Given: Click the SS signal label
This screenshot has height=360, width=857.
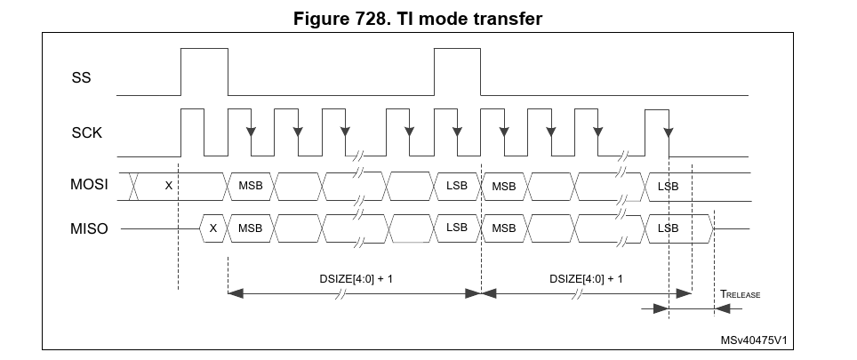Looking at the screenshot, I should point(81,78).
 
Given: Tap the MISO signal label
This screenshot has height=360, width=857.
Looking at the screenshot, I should point(89,228).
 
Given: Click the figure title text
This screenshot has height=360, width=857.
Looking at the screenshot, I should point(428,19).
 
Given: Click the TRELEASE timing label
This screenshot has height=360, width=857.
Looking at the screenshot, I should point(740,293).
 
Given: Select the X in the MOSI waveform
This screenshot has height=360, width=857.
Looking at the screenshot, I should point(169,186).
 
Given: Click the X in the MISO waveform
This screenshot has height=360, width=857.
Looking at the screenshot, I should point(213,228).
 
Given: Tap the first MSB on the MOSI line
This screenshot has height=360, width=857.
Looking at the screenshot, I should point(250,186).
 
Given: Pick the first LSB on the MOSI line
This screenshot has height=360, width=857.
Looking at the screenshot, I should point(457,186).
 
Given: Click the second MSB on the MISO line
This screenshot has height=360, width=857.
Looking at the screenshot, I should point(504,228).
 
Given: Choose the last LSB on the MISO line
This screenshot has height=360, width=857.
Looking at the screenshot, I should point(668,228).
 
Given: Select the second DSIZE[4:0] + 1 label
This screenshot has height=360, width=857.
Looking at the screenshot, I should point(586,278).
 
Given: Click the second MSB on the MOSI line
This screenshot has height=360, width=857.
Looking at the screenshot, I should point(504,186).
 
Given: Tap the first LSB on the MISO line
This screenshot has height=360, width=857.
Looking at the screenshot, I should point(457,228).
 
